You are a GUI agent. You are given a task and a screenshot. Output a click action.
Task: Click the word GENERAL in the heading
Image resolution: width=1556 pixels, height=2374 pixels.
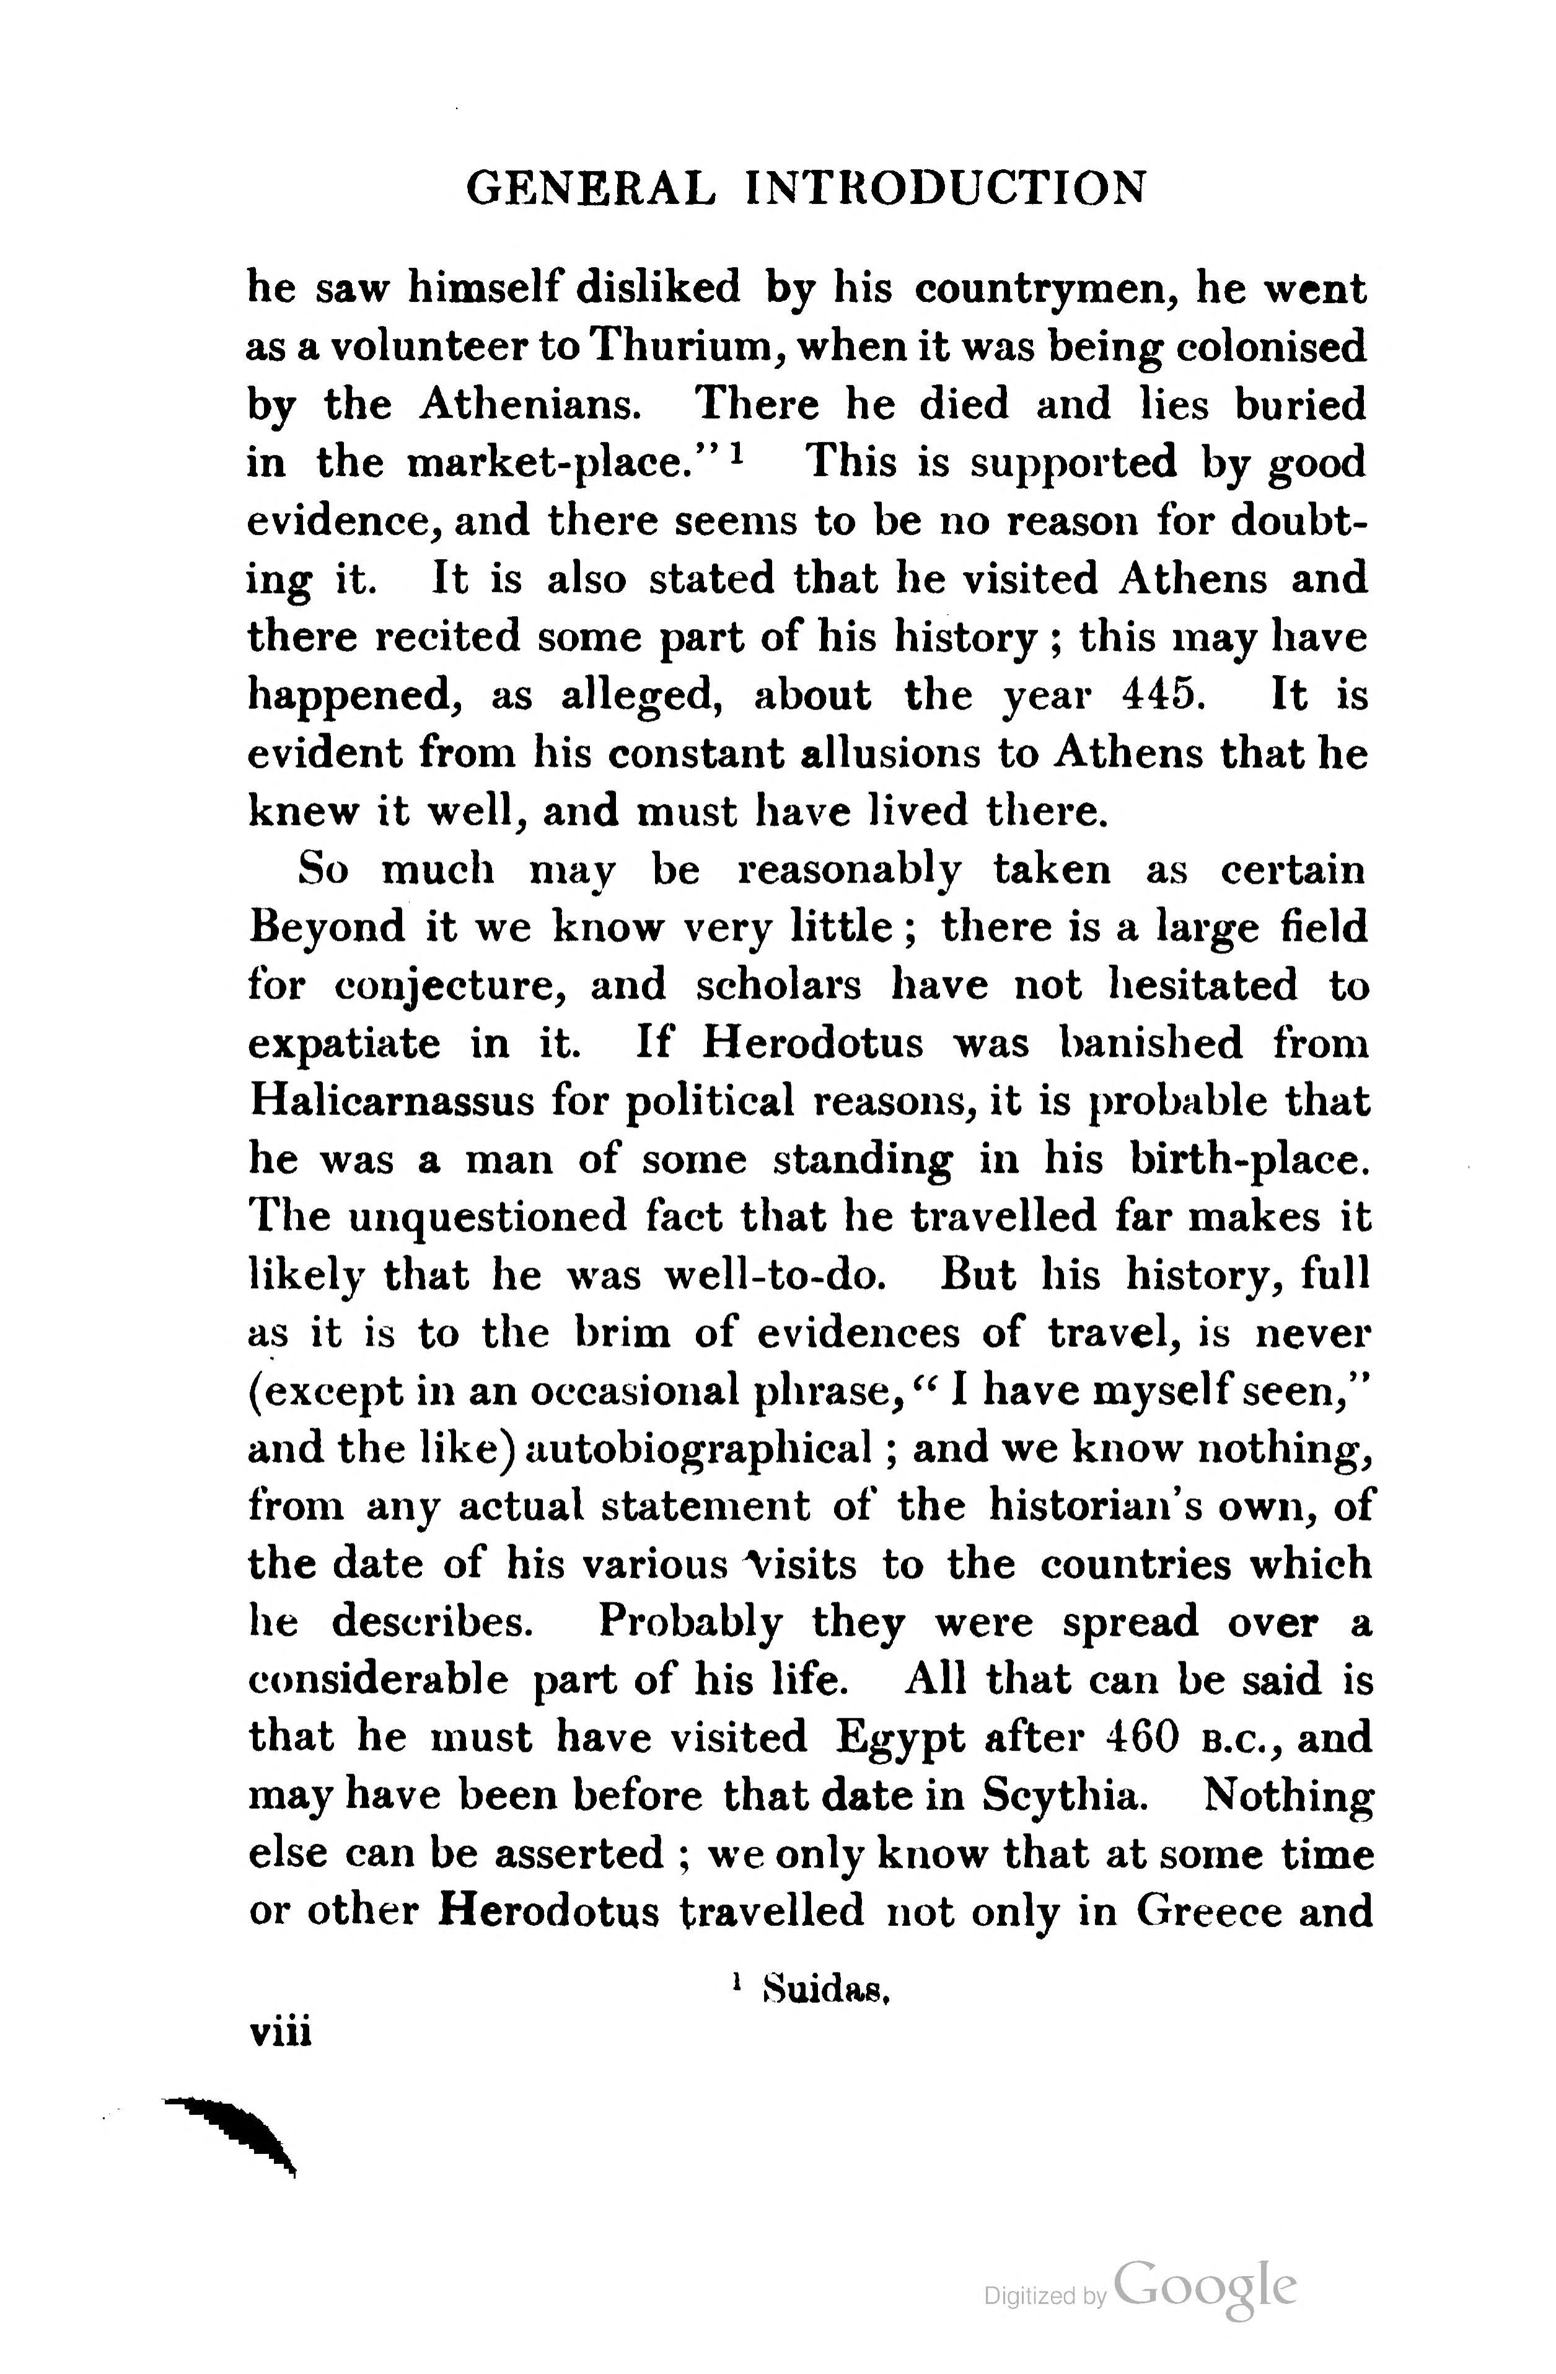click(x=591, y=188)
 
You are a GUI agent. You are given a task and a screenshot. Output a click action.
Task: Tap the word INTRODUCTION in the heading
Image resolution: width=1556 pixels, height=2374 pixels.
click(x=946, y=188)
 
